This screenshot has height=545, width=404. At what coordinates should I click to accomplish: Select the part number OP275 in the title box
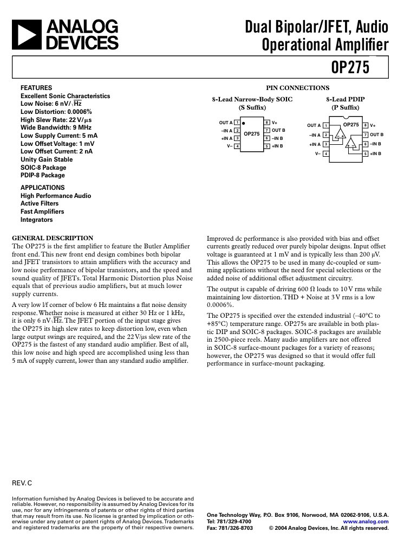pos(350,67)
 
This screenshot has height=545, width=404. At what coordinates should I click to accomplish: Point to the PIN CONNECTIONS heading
pos(297,88)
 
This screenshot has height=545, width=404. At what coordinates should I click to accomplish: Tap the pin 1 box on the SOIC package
pos(237,123)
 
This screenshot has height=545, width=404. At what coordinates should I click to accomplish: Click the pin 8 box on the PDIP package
pos(366,126)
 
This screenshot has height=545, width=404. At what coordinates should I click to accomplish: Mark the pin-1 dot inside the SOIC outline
pos(244,124)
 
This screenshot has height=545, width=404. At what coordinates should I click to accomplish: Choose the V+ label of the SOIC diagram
pos(275,123)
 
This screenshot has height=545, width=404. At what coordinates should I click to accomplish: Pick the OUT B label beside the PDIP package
pos(376,134)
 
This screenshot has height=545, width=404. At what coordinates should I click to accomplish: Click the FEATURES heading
pos(36,88)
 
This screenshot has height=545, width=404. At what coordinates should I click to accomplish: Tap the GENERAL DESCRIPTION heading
pos(53,238)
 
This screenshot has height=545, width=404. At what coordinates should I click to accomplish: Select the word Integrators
pos(37,220)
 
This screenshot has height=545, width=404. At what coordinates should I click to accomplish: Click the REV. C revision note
pos(22,482)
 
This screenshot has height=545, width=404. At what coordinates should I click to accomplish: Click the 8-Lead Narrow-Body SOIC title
pos(252,100)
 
